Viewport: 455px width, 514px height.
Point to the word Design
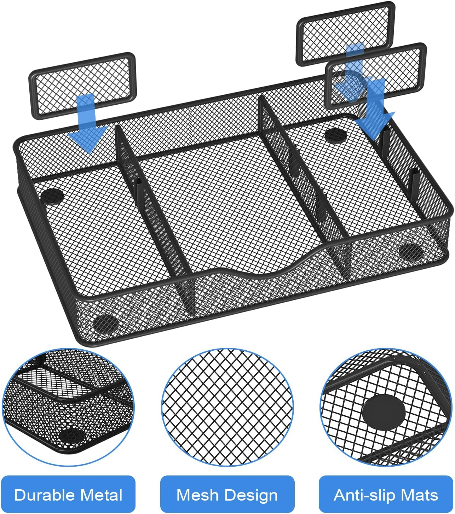click(252, 495)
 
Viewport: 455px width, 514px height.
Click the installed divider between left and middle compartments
click(156, 219)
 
